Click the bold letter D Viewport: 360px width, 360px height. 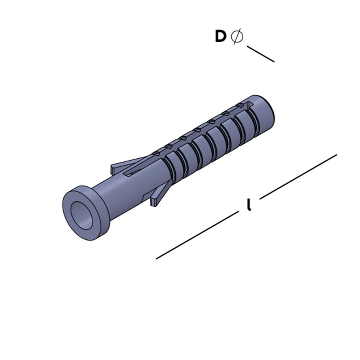pos(220,36)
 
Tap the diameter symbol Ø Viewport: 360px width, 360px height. pos(237,36)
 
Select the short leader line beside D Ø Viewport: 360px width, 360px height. pos(261,54)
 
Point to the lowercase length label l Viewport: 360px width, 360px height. pos(249,205)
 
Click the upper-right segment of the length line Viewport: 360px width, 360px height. pos(298,176)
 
